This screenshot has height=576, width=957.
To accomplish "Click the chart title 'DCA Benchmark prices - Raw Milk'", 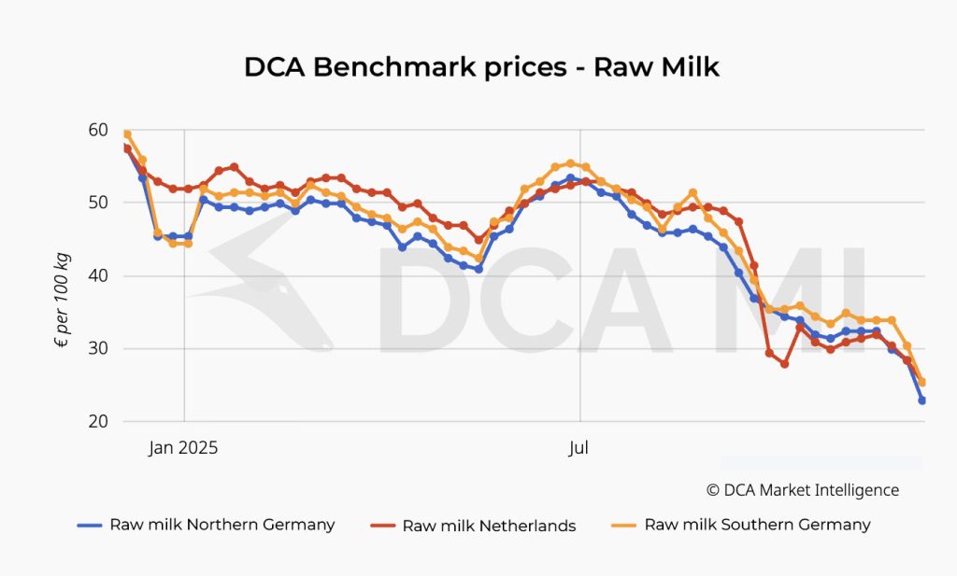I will pos(481,67).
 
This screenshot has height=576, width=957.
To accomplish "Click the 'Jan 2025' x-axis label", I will pos(183,448).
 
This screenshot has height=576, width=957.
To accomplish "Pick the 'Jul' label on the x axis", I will pos(579,448).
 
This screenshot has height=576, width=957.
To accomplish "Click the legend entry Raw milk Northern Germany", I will pos(221,525).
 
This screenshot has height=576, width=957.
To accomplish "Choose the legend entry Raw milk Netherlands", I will pos(489,526).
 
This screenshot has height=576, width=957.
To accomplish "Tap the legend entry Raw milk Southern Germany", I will pos(757,525).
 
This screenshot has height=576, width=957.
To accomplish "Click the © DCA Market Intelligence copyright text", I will pos(802,490).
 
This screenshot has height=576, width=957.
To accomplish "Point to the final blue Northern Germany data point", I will pos(921,400).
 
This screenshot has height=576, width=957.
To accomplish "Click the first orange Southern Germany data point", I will pos(127,134).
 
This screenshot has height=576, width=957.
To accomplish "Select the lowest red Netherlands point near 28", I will pos(784,364).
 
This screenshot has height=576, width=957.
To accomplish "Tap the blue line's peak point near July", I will pos(570,178).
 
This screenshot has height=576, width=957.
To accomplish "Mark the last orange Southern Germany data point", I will pos(921,382).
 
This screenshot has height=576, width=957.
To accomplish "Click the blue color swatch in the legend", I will pos(90,526).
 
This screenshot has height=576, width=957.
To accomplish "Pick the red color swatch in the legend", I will pos(383,526).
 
